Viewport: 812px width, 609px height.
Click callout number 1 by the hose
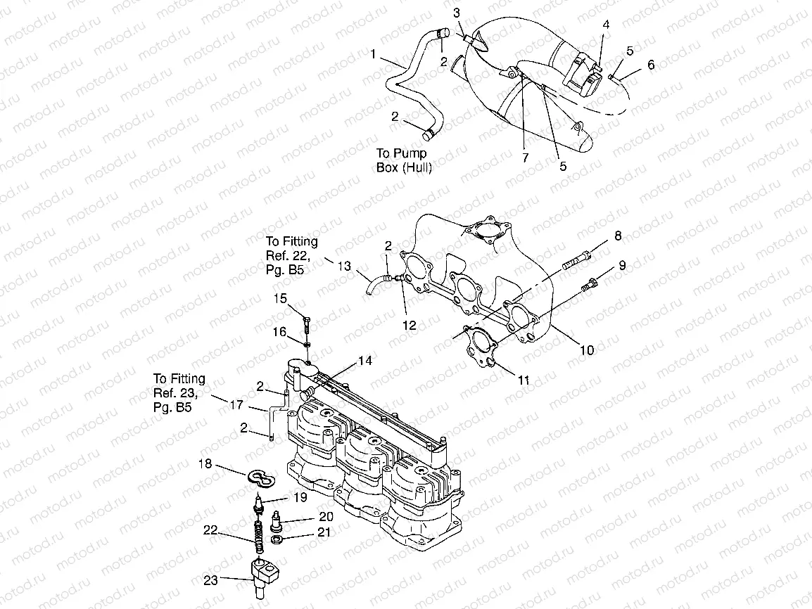372,53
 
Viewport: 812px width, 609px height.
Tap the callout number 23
210,580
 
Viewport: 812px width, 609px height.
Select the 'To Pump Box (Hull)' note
405,160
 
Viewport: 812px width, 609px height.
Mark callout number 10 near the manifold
586,350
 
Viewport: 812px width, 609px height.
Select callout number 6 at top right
651,64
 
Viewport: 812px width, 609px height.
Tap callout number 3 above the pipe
457,13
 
